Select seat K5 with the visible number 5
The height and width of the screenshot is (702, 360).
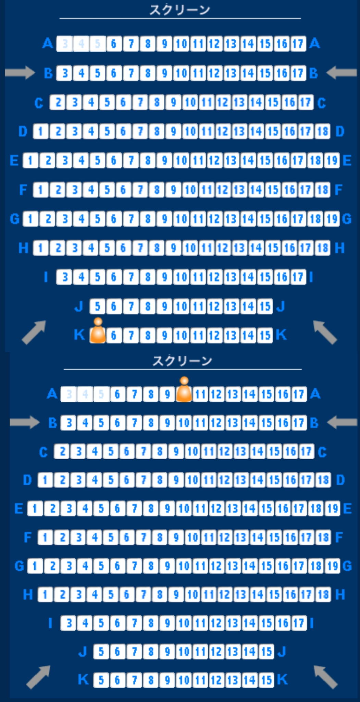(x=101, y=680)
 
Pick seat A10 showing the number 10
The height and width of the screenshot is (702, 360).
(x=181, y=44)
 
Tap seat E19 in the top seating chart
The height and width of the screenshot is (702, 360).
(x=332, y=160)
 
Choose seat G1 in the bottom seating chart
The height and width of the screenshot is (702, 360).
(x=35, y=566)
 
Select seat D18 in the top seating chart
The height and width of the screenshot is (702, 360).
(x=323, y=131)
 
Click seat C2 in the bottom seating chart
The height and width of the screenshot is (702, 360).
(x=62, y=451)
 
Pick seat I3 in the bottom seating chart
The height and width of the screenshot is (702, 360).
(x=69, y=622)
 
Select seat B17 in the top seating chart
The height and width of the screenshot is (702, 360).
(x=298, y=73)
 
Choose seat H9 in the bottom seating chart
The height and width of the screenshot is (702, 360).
(x=176, y=594)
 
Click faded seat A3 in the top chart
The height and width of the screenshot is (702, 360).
(x=65, y=44)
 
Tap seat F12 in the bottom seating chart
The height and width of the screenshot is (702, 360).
(x=224, y=537)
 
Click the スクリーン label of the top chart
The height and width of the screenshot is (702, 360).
(x=180, y=10)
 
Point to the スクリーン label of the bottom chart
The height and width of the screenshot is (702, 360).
(x=182, y=361)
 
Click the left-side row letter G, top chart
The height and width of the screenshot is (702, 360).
(x=15, y=219)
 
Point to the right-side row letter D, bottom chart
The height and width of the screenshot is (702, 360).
(x=340, y=480)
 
